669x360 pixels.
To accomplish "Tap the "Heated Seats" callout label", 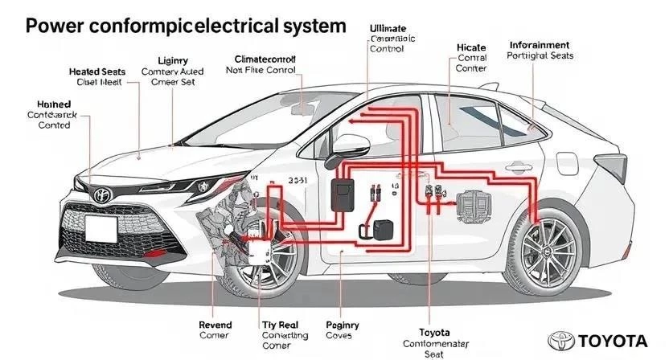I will click(x=97, y=72).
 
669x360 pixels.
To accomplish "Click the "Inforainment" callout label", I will click(x=540, y=45).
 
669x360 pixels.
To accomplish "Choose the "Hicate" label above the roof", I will click(x=471, y=47).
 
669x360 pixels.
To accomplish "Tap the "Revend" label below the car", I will click(x=215, y=325).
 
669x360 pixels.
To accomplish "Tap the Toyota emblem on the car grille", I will click(x=101, y=195).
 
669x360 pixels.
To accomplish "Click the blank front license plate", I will click(x=101, y=230).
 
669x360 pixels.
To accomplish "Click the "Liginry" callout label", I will click(x=174, y=60).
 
